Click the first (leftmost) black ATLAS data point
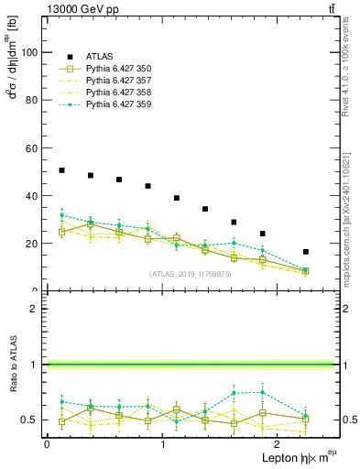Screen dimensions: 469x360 tap(61, 170)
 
